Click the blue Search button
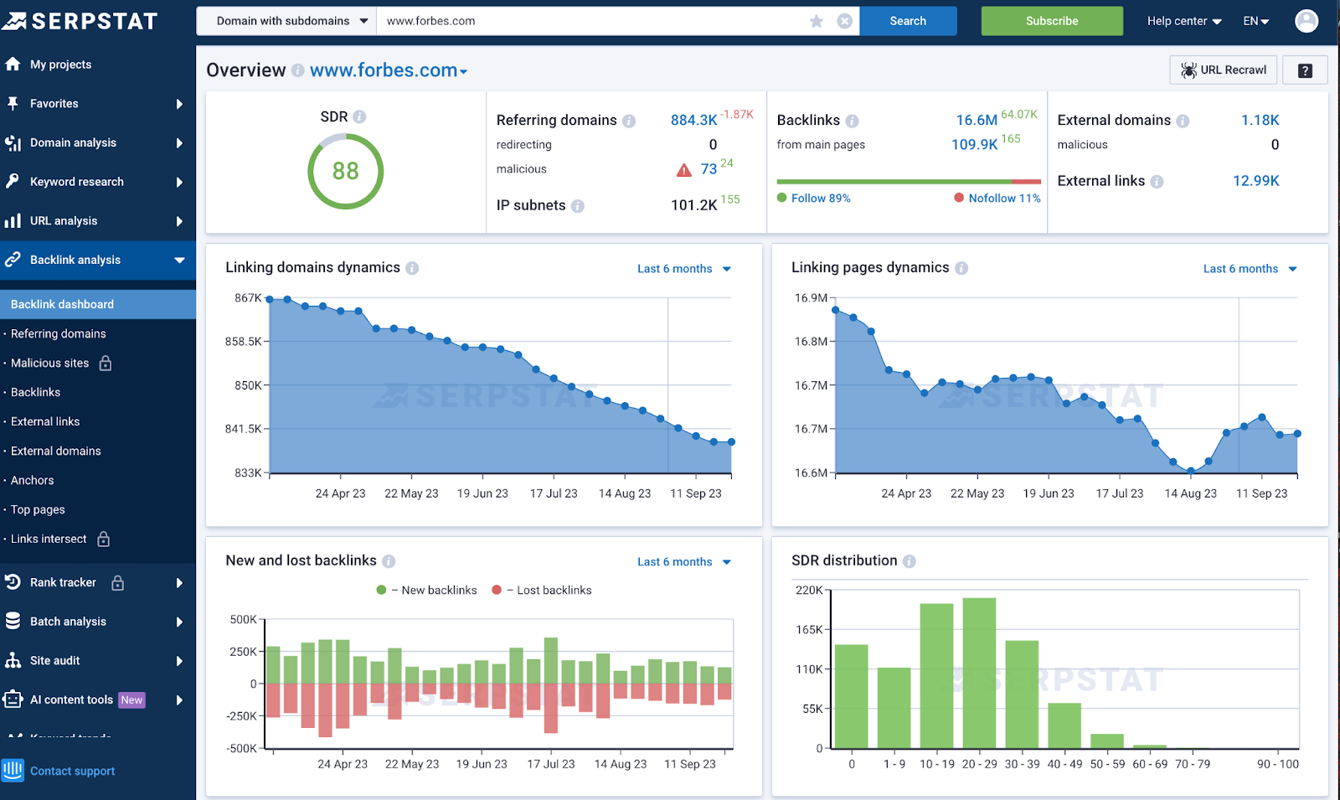908,21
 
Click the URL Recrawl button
1223,70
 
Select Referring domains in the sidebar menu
58,333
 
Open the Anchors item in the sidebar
32,480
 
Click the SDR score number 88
345,171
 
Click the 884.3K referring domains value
693,121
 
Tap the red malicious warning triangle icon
684,170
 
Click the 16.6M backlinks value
977,121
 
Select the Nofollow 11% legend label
1003,199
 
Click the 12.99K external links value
1255,181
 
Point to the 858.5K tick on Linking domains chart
244,342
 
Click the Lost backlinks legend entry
553,591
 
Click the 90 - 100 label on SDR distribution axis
1277,764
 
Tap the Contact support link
72,771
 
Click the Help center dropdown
1183,21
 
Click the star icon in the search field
817,21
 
